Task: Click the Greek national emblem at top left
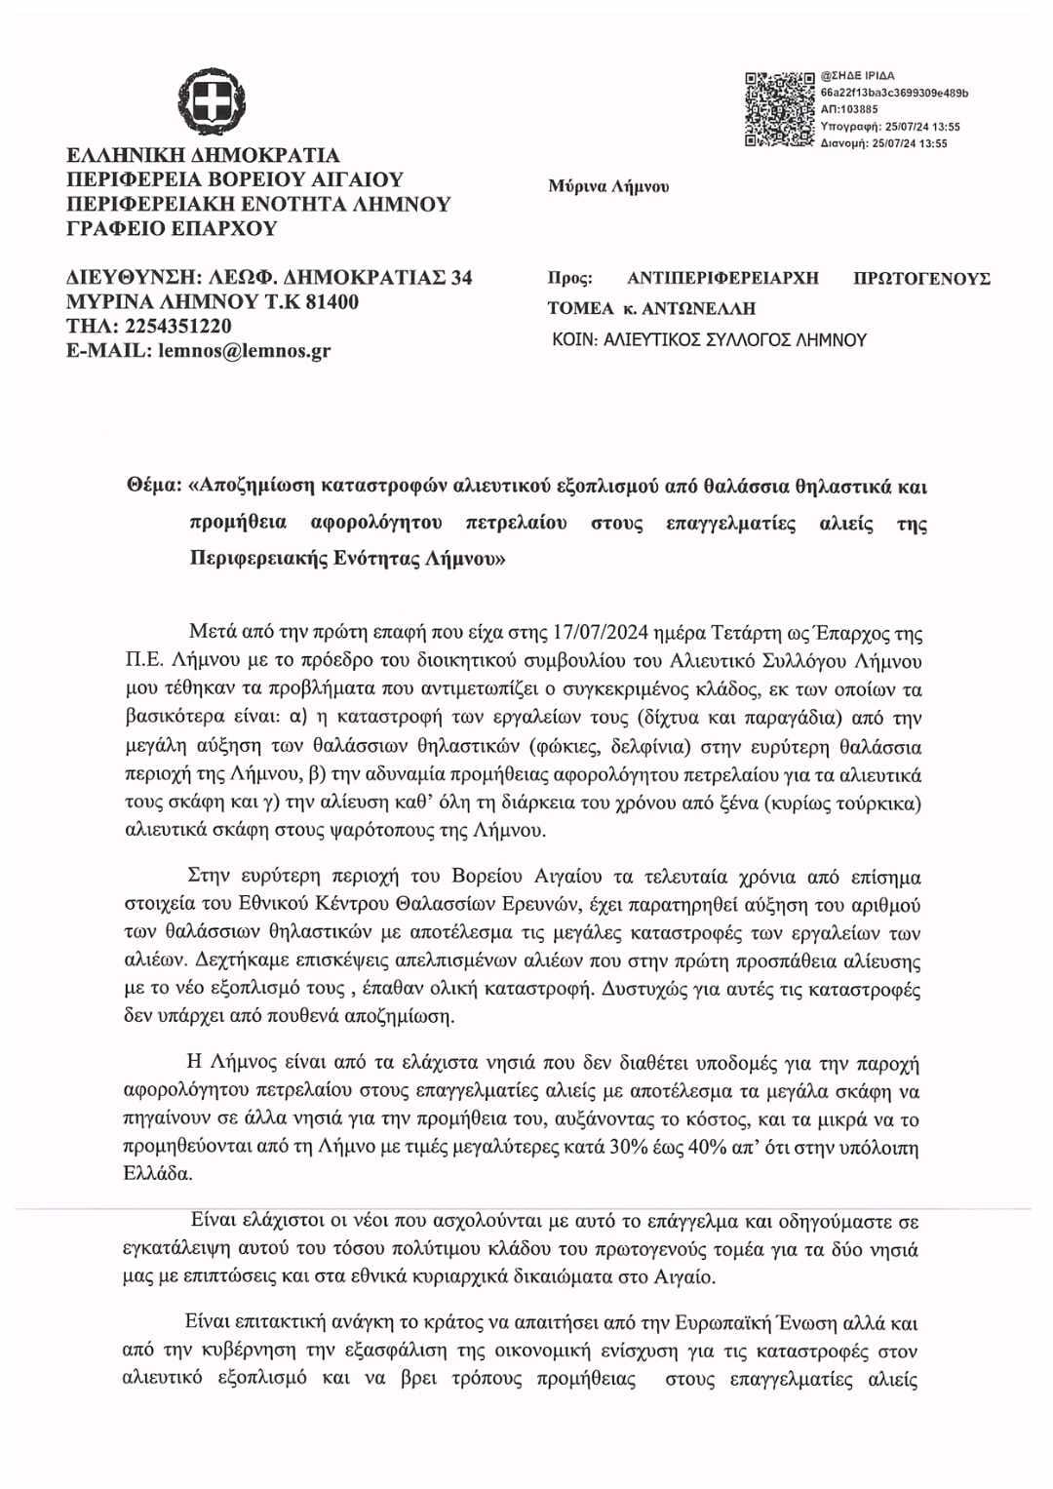(x=212, y=99)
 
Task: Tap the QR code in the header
(x=779, y=109)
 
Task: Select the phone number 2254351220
(x=178, y=327)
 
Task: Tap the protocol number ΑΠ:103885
(x=850, y=109)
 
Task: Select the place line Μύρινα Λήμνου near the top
(x=609, y=186)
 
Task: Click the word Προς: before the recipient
(x=570, y=279)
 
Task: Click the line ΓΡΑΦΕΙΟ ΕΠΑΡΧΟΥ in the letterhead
(x=171, y=229)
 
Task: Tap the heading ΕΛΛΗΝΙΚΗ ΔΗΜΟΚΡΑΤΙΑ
(x=203, y=156)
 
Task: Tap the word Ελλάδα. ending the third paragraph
(x=153, y=1175)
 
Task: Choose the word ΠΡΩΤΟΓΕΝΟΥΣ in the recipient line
(x=921, y=279)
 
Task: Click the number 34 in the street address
(x=460, y=278)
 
